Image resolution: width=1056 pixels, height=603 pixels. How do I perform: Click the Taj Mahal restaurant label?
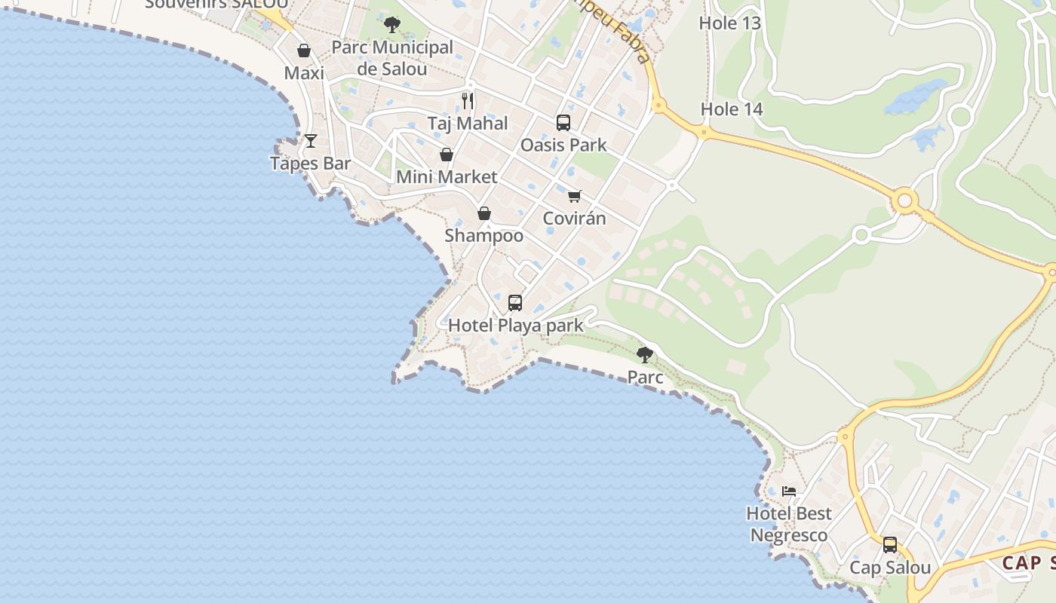coord(468,123)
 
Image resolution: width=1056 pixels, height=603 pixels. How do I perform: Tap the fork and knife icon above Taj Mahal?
coord(468,100)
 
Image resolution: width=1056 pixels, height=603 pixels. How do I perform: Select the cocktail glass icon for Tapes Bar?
coord(310,141)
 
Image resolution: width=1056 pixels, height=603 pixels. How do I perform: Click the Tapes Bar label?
coord(311,163)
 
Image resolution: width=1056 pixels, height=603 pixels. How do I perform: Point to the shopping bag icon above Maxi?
coord(304,51)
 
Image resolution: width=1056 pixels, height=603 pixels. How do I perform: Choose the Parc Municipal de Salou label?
coord(392,58)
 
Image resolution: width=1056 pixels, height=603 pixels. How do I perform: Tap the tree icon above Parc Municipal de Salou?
coord(392,25)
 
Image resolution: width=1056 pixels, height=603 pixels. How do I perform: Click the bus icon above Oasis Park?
coord(563,123)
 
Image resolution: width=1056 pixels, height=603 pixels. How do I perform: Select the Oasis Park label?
coord(563,145)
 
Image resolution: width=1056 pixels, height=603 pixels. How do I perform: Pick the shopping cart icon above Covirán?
coord(575,196)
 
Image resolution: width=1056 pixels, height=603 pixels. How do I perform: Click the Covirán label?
coord(575,219)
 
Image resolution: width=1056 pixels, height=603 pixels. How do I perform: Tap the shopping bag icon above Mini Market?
coord(447,155)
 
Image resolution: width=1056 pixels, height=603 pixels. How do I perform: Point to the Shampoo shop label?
coord(484,235)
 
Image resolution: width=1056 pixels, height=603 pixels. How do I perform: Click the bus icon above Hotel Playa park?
coord(515,303)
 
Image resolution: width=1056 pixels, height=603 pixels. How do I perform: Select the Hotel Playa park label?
coord(516,326)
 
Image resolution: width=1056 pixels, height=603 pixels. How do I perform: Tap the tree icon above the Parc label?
coord(645,355)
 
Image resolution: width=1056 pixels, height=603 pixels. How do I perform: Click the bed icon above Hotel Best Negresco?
coord(789,491)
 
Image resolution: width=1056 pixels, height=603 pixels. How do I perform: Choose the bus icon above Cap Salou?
coord(890,545)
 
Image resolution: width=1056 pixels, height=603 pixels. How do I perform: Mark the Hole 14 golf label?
coord(732,109)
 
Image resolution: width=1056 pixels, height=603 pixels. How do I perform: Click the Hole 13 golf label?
coord(729,23)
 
